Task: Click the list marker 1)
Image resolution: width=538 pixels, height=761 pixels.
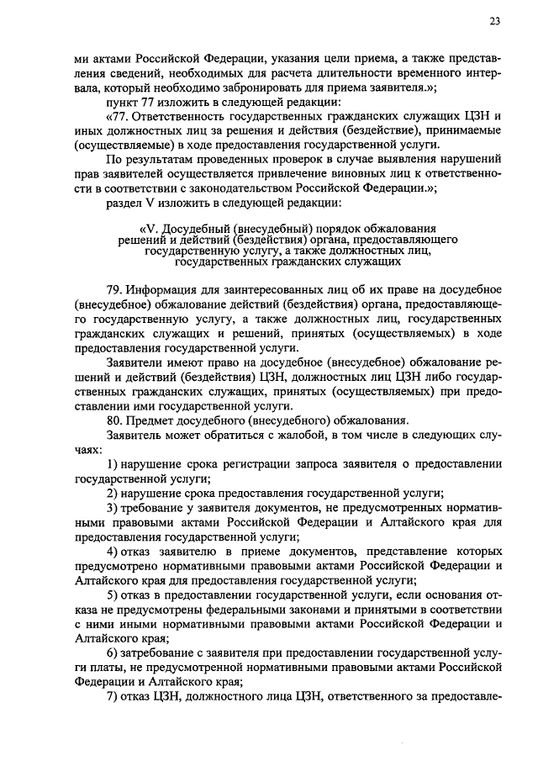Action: coord(112,464)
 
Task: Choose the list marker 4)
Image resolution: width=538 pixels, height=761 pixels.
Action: coord(112,550)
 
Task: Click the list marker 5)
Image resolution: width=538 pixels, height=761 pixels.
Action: coord(112,595)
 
